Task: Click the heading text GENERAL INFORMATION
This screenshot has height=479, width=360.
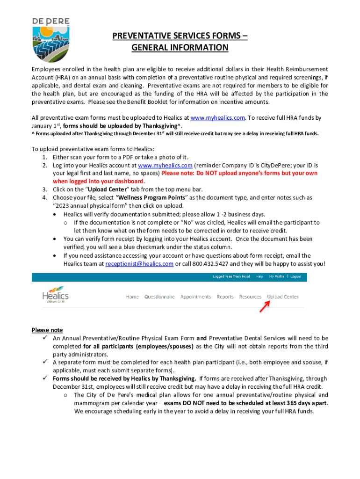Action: (180, 48)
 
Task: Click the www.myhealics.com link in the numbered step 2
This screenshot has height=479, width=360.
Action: (165, 166)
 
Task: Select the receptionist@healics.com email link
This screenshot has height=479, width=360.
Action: (139, 264)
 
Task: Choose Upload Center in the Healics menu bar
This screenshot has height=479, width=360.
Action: (282, 297)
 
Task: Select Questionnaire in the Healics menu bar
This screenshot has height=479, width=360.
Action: (159, 297)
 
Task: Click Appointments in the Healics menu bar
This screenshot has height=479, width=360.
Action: (195, 297)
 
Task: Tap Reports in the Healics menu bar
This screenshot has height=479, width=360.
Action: (225, 297)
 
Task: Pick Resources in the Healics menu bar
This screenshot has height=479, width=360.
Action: (250, 297)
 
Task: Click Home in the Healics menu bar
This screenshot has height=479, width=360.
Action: (132, 297)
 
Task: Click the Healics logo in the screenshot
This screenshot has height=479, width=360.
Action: (55, 296)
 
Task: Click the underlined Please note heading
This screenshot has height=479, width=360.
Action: (47, 330)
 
